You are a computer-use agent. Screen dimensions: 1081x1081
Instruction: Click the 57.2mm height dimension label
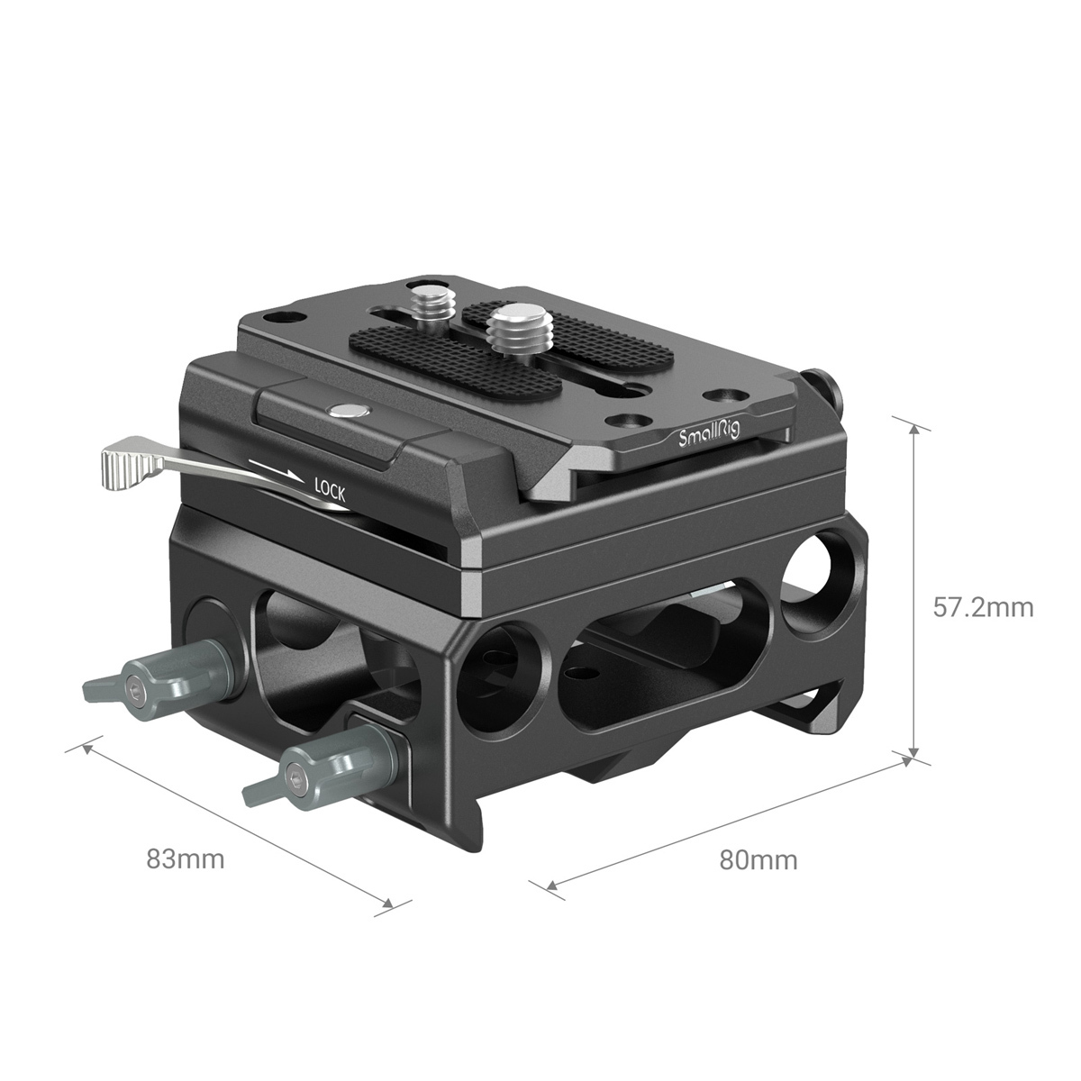point(983,607)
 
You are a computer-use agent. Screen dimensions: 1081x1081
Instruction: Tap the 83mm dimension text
point(186,858)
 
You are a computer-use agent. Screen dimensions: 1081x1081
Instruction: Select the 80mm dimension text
point(759,860)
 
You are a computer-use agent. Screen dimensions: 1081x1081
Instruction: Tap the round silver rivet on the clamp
point(346,411)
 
